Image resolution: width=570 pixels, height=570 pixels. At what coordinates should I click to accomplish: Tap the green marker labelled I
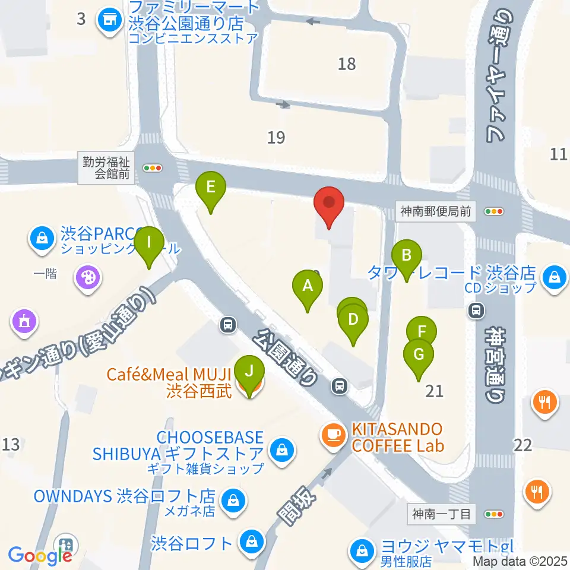point(148,243)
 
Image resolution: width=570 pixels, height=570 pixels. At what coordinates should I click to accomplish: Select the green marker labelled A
point(308,287)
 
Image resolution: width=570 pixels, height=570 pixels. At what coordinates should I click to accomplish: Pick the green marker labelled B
point(407,255)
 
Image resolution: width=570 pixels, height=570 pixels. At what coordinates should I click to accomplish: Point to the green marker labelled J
point(249,372)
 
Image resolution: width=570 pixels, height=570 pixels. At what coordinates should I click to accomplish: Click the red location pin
point(330,204)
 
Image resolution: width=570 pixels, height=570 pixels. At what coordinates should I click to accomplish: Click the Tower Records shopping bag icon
point(553,276)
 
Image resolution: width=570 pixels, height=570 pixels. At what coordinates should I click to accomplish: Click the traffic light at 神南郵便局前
point(494,211)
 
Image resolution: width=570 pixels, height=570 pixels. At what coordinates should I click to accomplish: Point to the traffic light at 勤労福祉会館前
point(154,168)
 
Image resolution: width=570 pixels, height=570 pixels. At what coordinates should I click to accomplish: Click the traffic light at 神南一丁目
point(494,514)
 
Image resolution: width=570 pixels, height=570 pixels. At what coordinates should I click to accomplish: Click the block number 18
point(347,64)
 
